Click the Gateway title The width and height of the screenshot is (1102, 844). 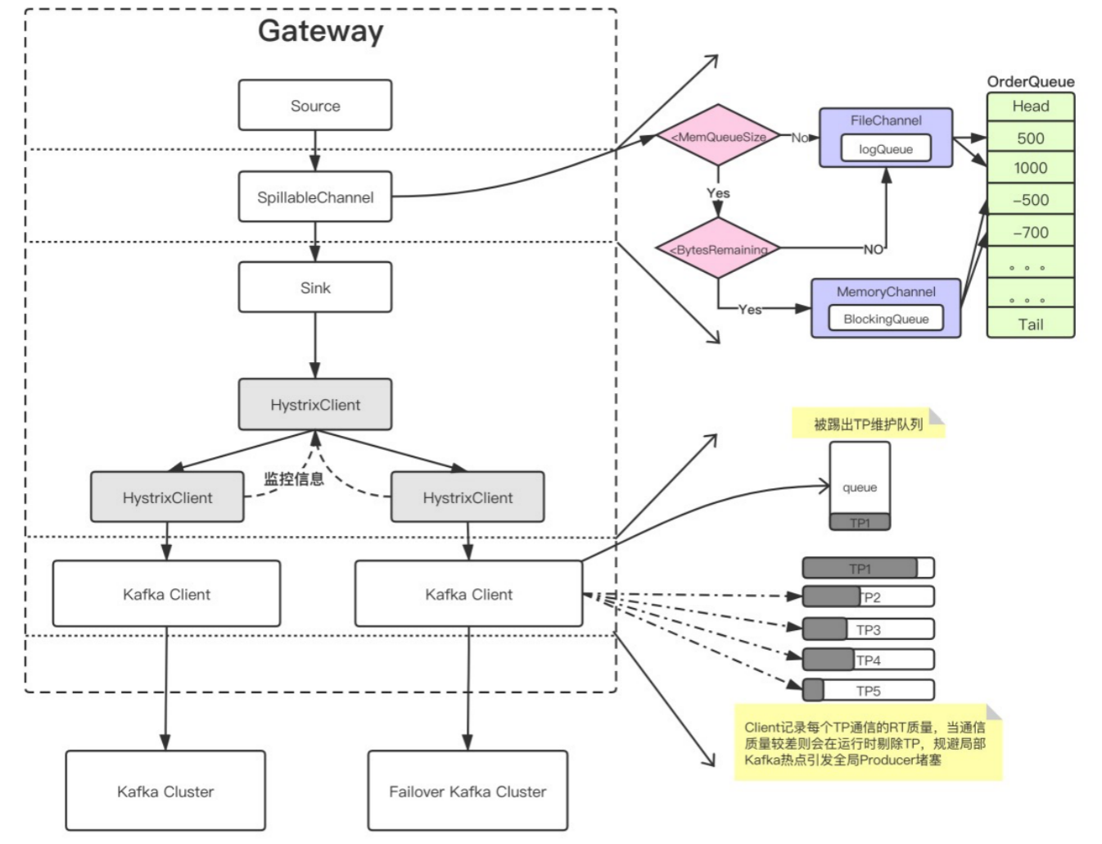tap(320, 31)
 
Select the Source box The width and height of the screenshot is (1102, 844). tap(315, 105)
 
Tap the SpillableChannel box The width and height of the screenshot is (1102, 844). tap(315, 197)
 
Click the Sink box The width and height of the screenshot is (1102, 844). tap(315, 287)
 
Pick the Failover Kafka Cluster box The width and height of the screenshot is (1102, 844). tap(468, 792)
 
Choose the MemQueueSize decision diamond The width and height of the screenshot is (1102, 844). tap(719, 135)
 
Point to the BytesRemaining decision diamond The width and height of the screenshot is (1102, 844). tap(719, 248)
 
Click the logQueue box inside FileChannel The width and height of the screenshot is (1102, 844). tap(886, 148)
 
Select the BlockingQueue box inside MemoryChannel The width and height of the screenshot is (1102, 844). tap(886, 318)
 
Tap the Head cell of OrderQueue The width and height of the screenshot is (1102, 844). tap(1031, 107)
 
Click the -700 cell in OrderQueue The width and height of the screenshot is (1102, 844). tap(1031, 232)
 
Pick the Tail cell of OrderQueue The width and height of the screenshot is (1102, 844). tap(1031, 323)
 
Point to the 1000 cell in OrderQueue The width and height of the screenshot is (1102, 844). tap(1031, 167)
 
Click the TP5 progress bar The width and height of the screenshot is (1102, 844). tap(869, 690)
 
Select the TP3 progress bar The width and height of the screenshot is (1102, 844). tap(869, 629)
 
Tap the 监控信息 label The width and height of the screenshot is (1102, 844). tap(294, 479)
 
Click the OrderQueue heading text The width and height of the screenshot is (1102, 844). tap(1031, 82)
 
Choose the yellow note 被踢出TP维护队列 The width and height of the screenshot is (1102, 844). tap(869, 423)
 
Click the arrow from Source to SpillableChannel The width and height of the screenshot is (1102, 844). tap(315, 151)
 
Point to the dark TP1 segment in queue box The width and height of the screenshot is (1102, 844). tap(860, 522)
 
